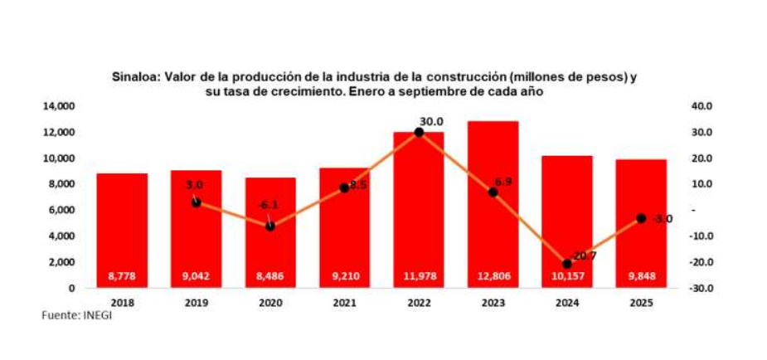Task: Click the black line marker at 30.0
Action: click(419, 132)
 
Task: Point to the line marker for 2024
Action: click(567, 264)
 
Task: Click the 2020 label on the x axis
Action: click(270, 303)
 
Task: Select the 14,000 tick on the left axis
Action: click(60, 106)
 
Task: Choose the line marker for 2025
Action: click(641, 218)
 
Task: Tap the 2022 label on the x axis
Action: click(419, 303)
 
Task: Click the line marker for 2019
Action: click(196, 202)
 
